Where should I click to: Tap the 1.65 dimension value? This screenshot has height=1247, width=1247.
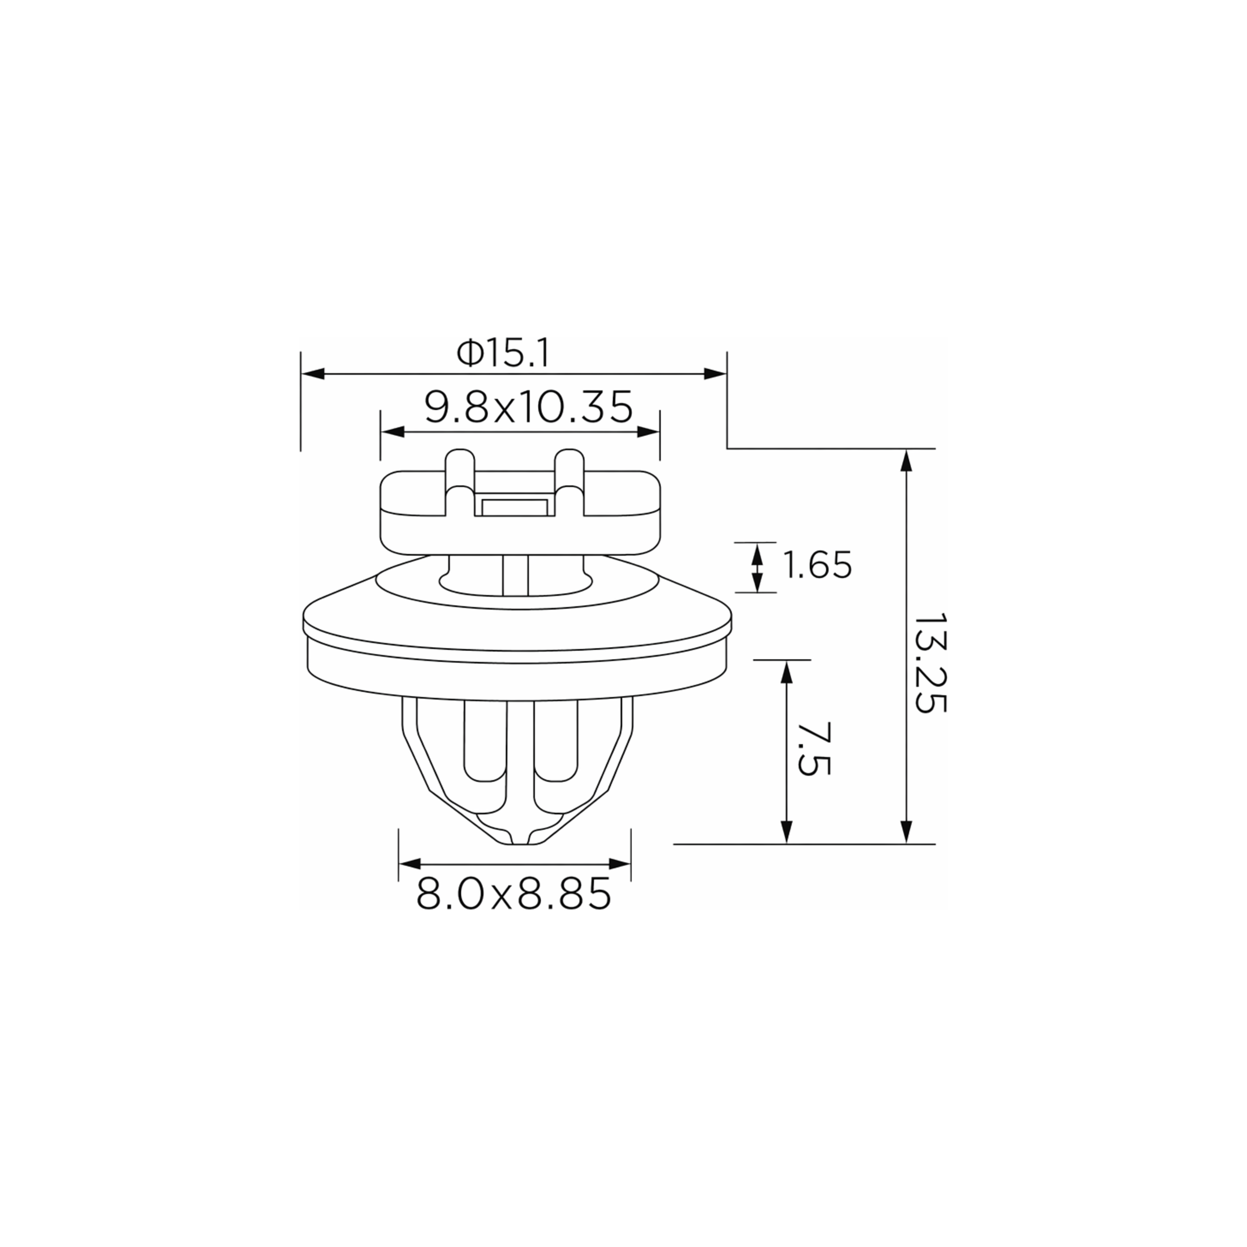(817, 565)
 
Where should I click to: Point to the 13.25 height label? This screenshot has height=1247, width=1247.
(930, 663)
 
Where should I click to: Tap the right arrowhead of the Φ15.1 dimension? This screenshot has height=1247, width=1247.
(715, 374)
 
